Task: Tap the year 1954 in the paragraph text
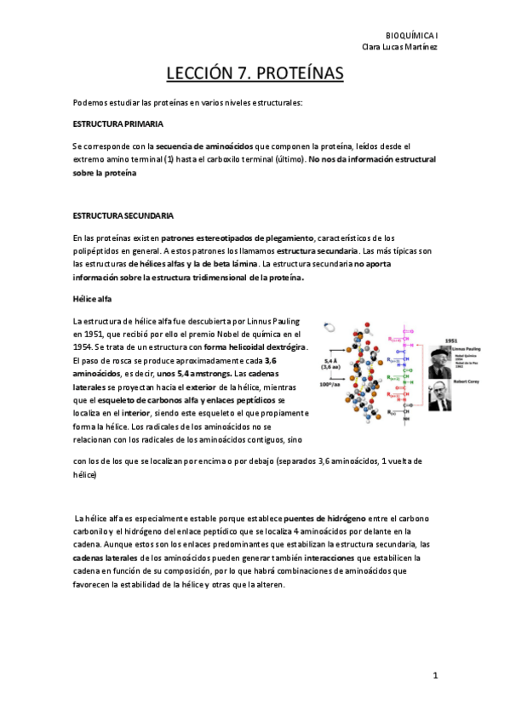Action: click(x=83, y=347)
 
